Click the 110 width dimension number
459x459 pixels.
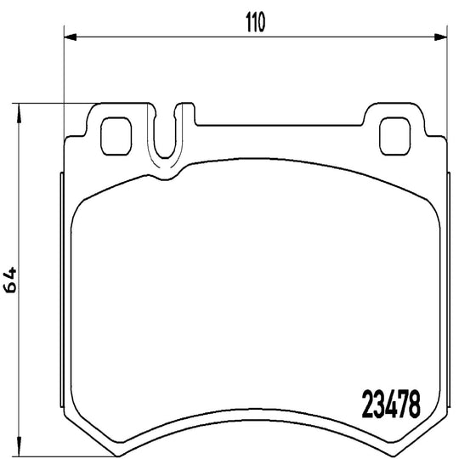pos(256,22)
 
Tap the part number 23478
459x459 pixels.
pos(391,405)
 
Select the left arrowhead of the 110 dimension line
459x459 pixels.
pos(71,37)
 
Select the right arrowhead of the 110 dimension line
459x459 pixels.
pos(440,37)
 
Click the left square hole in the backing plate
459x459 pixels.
pos(116,136)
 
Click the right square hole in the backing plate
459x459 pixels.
pos(395,136)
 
